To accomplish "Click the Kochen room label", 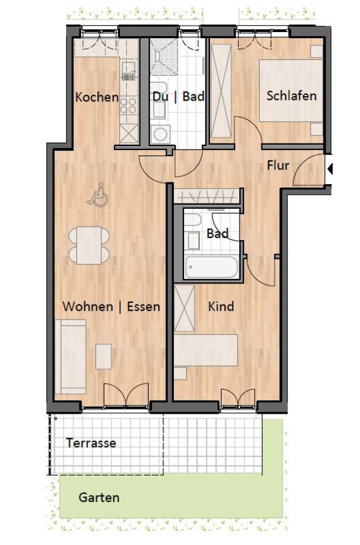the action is [x=97, y=97].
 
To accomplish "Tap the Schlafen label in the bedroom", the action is [x=291, y=95].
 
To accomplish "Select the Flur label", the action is [x=278, y=165].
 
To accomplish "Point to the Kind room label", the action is [x=221, y=306].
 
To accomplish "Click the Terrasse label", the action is [x=91, y=443].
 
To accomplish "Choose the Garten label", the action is [x=99, y=498].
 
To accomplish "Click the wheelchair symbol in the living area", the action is [x=98, y=195].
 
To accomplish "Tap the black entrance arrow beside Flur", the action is [x=330, y=169].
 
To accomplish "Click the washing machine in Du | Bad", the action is [x=160, y=134].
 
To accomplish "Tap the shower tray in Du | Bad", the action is [x=164, y=57].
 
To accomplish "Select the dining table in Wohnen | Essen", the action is [x=89, y=245].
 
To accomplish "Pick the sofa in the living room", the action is [x=71, y=357].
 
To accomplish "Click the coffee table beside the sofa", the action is [x=103, y=356].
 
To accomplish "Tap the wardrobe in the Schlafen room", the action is [x=221, y=91].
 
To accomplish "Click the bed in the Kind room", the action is [x=206, y=350].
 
